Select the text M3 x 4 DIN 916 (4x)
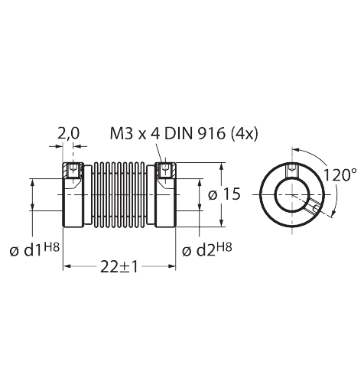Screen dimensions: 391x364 (x=184, y=134)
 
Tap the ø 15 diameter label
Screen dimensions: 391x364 (x=223, y=194)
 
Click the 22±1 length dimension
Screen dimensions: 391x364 (x=119, y=266)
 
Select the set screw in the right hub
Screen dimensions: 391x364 (x=162, y=170)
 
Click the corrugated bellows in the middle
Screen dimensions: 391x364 (x=118, y=195)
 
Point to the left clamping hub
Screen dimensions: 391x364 (x=73, y=199)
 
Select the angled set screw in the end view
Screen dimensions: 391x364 (x=313, y=207)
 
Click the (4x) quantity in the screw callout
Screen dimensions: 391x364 (x=244, y=134)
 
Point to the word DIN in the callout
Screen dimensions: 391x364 (x=178, y=134)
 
